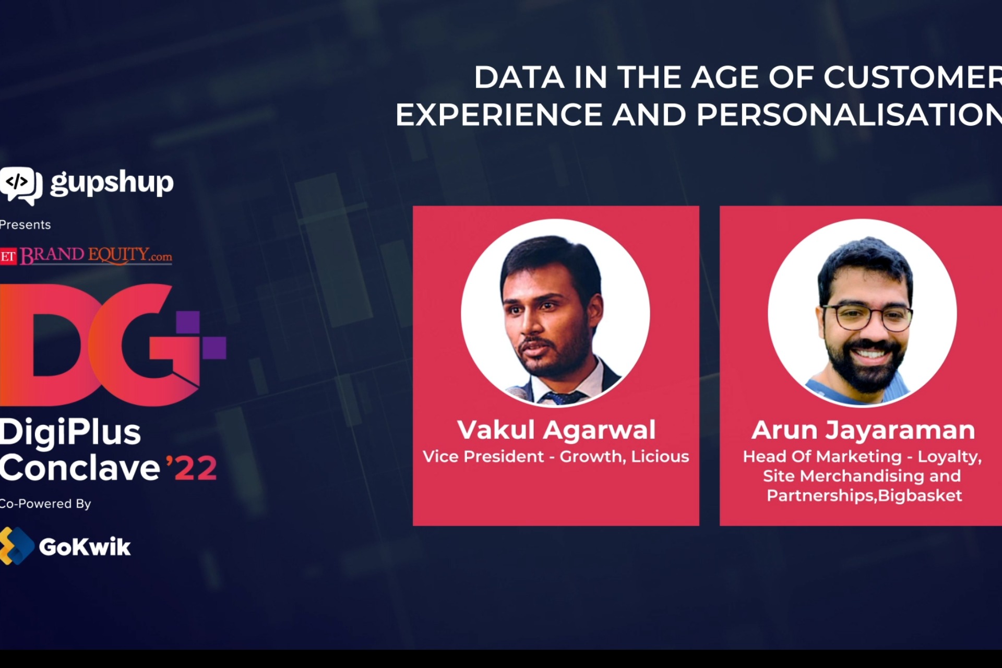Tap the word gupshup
pos(112,183)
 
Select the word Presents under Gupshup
pos(25,225)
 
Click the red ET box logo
pos(8,256)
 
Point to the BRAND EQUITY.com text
pos(96,255)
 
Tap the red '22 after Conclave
pos(192,468)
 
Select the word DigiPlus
pos(70,432)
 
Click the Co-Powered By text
pos(45,504)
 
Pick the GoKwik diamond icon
pos(16,546)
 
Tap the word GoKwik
pos(85,547)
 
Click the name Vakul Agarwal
pos(556,430)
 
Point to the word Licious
pos(660,457)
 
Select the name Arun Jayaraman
pos(863,430)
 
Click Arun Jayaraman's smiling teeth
pos(869,353)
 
